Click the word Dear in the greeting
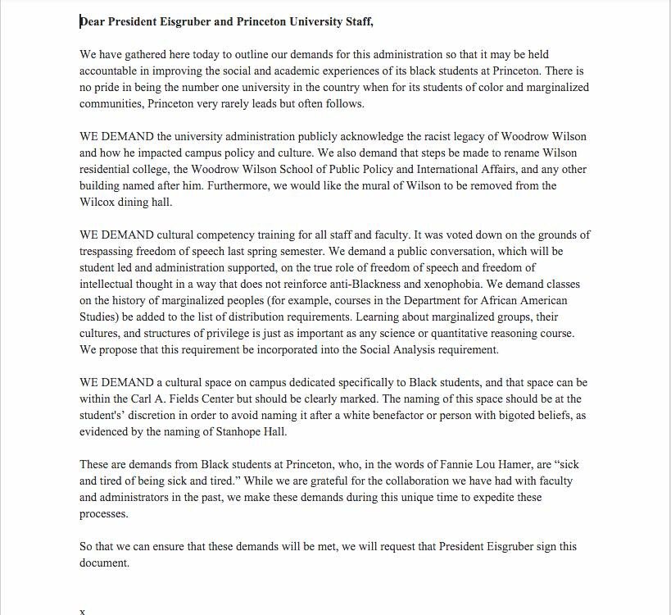point(93,22)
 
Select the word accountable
point(111,70)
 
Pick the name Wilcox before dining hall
point(99,202)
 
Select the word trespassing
point(111,251)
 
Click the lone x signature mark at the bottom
point(81,611)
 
